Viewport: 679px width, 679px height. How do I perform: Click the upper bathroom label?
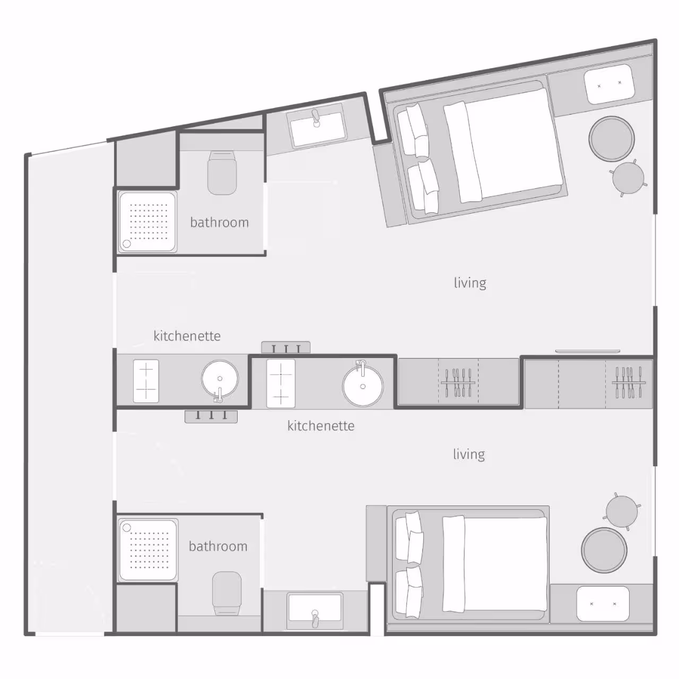pos(219,222)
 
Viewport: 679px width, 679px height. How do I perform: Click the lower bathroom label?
pos(218,546)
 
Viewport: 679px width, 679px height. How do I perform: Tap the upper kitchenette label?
pos(187,335)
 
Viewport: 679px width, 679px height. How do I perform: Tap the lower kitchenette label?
pos(321,425)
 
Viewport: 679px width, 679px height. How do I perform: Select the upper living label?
pos(470,283)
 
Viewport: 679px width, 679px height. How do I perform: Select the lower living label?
pos(469,454)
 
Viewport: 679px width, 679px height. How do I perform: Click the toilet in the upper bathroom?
pos(222,172)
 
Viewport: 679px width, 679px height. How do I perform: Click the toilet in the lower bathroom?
pos(227,594)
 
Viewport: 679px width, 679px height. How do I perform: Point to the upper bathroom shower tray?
pos(147,222)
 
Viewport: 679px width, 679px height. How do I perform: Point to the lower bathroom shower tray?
pos(148,550)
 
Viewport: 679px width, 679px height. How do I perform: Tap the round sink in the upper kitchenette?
pos(220,379)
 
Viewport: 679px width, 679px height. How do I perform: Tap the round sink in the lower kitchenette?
pos(363,386)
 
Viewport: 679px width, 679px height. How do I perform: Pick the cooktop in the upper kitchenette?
pos(146,381)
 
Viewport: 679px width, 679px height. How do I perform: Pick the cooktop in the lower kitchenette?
pos(281,384)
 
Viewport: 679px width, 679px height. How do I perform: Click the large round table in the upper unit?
pos(612,138)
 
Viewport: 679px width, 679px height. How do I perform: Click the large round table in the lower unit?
pos(604,550)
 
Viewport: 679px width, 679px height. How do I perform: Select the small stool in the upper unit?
pos(628,178)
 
